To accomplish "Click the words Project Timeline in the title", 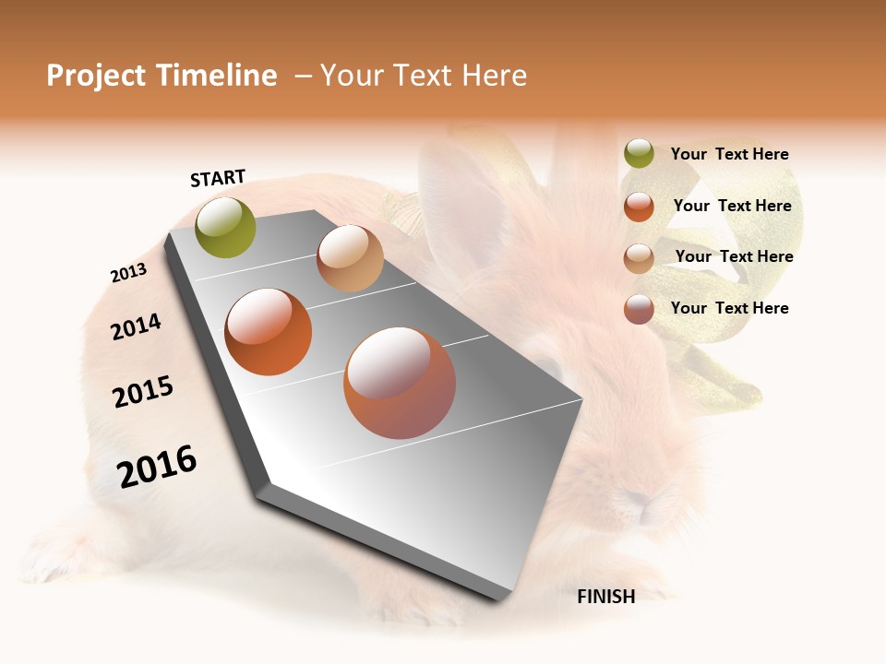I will [x=162, y=76].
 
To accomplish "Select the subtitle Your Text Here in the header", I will [x=424, y=76].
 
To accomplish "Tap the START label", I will [x=218, y=178].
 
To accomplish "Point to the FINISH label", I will [x=606, y=597].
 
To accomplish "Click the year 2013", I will [x=128, y=273].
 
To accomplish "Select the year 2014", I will [x=136, y=326].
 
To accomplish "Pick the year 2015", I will [x=143, y=392].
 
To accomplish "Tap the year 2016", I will [x=157, y=467].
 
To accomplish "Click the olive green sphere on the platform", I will [x=226, y=228].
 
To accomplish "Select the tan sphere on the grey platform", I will [x=350, y=258].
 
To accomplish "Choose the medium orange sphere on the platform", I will [x=269, y=332].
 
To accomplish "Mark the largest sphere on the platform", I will [x=400, y=383].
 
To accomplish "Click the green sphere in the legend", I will [x=639, y=154].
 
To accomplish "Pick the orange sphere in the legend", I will [x=639, y=207].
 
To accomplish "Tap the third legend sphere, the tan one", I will [x=639, y=258].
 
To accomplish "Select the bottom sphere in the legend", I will [x=639, y=309].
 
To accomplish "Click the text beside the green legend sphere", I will [x=729, y=154].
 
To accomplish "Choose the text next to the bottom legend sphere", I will [x=729, y=308].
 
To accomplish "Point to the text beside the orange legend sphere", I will [x=732, y=206].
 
